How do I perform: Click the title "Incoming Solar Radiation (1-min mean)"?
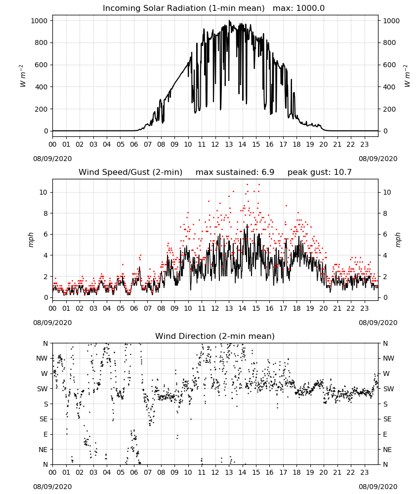tap(184, 8)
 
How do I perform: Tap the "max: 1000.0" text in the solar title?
tap(299, 8)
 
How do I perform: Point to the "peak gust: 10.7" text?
tap(320, 172)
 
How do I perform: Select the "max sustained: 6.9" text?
tap(235, 172)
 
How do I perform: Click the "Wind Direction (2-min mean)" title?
tap(215, 336)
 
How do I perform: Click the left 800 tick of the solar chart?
tap(41, 43)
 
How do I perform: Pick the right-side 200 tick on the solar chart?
tap(389, 109)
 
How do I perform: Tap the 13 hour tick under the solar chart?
tap(229, 145)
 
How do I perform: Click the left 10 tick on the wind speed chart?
tap(43, 192)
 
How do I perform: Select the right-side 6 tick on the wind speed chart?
tap(385, 234)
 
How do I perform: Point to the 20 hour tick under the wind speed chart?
tap(324, 308)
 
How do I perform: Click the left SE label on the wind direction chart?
tap(43, 419)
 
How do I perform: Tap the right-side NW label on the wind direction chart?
tap(388, 358)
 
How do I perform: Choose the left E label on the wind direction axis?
tap(45, 434)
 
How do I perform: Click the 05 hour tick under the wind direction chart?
tap(121, 472)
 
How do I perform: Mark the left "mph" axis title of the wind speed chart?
tap(31, 240)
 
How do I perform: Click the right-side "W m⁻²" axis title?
tap(407, 76)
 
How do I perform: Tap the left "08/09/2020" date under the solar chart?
tap(52, 159)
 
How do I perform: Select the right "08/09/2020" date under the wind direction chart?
tap(378, 487)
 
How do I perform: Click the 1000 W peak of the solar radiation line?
tap(229, 21)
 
